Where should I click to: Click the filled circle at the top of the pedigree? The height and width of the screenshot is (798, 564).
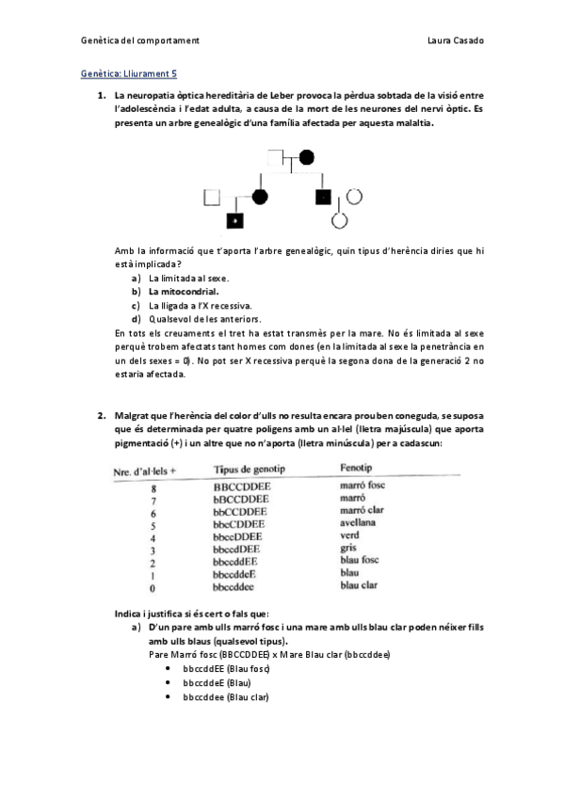point(307,156)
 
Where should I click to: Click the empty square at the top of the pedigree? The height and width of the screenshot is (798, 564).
point(278,156)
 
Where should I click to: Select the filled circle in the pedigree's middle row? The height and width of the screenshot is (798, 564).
point(260,197)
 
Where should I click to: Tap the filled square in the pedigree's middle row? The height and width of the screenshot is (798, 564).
point(323,197)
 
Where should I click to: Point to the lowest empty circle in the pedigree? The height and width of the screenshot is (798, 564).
point(341,222)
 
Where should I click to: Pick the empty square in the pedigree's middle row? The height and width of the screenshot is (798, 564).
point(211,197)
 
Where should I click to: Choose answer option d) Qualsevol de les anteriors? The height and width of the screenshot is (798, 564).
point(196,319)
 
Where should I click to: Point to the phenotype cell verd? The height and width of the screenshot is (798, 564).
point(349,535)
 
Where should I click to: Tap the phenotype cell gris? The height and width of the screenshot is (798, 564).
point(348,548)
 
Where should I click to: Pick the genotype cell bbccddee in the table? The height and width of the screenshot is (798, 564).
point(234,585)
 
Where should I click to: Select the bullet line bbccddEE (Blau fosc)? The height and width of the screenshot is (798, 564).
point(226,668)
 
